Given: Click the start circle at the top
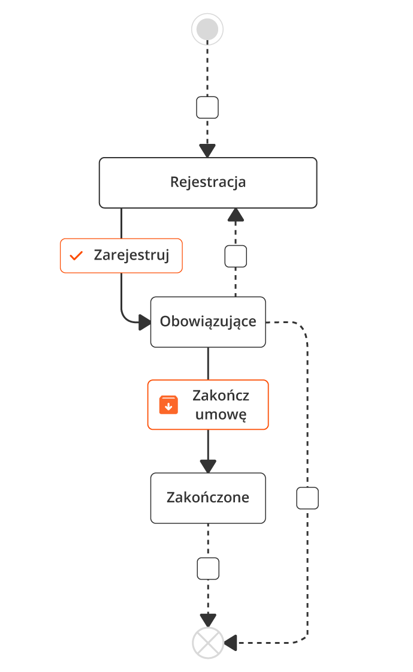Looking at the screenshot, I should [207, 29].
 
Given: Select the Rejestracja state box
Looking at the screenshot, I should [207, 182].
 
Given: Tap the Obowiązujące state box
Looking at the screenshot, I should [207, 321].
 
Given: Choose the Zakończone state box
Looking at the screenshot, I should [207, 498].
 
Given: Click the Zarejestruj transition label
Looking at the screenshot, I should [120, 256].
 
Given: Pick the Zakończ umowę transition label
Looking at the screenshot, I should [208, 405].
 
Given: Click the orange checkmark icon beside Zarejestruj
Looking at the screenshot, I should [76, 256].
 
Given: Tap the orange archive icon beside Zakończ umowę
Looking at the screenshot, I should [168, 405].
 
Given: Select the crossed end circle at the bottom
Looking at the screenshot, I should [207, 643].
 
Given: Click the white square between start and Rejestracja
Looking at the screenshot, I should [207, 108].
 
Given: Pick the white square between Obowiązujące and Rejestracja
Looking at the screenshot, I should [236, 256].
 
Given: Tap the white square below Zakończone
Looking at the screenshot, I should [208, 568].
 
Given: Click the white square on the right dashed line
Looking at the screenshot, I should [308, 498].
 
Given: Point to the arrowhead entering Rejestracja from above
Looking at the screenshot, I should [207, 150].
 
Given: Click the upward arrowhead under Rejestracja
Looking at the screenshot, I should [236, 215].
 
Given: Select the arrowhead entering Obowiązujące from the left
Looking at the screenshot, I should [144, 323].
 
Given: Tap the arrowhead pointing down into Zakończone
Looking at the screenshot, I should [208, 466].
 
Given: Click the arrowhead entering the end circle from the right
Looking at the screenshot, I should [231, 643].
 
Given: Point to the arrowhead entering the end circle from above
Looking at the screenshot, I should [208, 620].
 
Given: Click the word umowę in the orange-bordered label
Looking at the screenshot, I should [221, 415].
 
